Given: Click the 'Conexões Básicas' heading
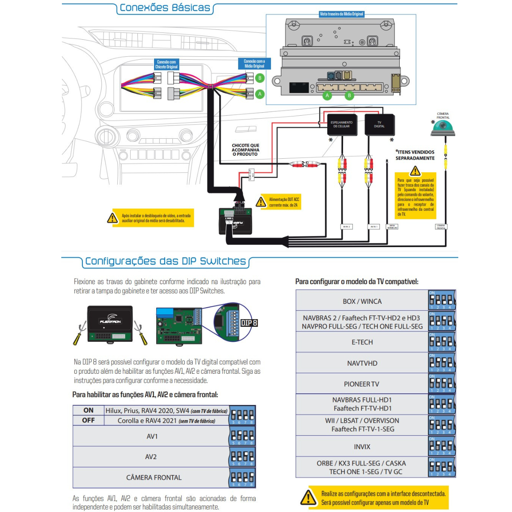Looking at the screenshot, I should (165, 8).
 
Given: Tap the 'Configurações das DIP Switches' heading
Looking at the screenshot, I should (166, 261).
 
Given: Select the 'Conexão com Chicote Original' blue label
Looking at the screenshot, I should (166, 64).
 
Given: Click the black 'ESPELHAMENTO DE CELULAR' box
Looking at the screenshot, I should (341, 125).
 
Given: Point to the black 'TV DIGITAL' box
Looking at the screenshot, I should (379, 125).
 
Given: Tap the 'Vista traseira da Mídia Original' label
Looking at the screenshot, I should (341, 14).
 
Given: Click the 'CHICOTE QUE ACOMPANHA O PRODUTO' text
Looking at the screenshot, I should (245, 150).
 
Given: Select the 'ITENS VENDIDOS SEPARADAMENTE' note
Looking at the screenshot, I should (415, 155).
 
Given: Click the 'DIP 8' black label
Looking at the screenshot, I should (249, 323).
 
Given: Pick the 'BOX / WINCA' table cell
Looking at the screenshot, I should (362, 301).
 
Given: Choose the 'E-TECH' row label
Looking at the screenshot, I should (362, 342).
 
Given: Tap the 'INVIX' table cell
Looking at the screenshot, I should (362, 447).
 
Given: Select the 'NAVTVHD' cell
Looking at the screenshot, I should (362, 364).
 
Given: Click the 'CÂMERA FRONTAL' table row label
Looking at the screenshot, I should (154, 477).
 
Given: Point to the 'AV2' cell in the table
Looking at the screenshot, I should (151, 457).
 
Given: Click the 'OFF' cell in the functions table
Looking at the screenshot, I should (88, 421).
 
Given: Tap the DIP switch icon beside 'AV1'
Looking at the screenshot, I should (242, 437).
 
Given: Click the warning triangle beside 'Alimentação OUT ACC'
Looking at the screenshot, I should (261, 202).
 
